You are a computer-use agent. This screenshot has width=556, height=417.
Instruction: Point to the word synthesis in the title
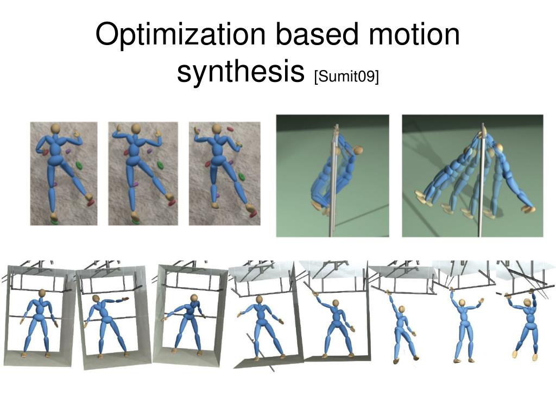tap(240, 73)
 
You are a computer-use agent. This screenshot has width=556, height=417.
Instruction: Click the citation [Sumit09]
tap(346, 76)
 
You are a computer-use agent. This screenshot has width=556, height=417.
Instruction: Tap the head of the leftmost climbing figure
tap(55, 129)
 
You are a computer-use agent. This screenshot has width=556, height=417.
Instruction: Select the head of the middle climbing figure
tap(135, 129)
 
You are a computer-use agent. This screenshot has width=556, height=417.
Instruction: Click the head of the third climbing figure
tap(216, 129)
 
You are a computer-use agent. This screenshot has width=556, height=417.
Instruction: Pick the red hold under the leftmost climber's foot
tap(91, 203)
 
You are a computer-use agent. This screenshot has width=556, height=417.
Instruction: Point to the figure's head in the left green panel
tap(357, 150)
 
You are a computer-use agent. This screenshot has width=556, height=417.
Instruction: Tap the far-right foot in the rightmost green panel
tap(528, 208)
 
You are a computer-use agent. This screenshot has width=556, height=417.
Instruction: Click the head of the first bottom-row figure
tap(42, 293)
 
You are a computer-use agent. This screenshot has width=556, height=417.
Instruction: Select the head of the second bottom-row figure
tap(97, 299)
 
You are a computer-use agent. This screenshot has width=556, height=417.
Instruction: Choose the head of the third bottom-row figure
tap(194, 298)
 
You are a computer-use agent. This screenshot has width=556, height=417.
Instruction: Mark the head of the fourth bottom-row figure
tap(260, 300)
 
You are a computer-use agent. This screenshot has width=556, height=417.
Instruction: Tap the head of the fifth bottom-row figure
tap(336, 303)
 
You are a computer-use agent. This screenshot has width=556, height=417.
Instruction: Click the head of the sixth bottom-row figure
tap(402, 309)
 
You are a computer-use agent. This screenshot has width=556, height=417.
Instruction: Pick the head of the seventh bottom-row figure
tap(463, 302)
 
